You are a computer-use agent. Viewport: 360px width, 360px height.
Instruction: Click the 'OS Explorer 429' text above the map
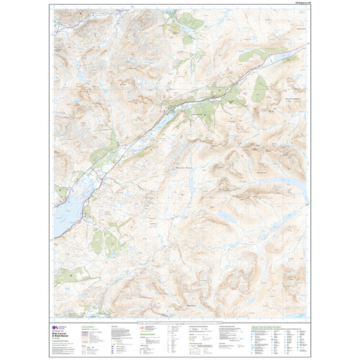click(295, 6)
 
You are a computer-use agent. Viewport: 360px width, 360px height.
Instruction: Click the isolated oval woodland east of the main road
click(261, 86)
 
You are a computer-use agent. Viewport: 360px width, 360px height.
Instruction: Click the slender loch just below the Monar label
click(223, 217)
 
